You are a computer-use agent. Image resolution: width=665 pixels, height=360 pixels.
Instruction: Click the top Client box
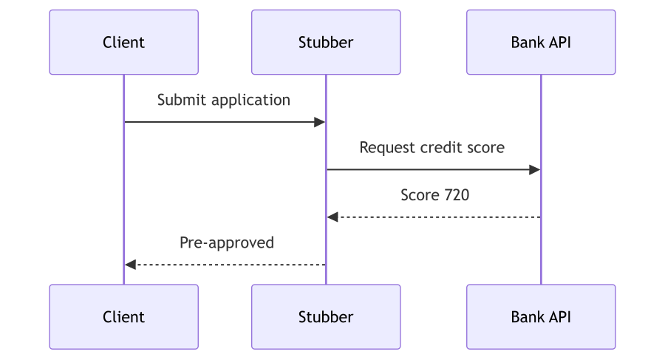click(124, 42)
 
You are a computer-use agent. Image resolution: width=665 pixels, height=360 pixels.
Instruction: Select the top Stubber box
click(326, 42)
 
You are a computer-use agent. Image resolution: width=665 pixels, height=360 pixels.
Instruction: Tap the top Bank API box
click(541, 42)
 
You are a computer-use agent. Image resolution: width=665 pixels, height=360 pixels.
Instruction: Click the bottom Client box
click(124, 316)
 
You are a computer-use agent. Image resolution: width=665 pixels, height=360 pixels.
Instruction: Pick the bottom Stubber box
click(326, 316)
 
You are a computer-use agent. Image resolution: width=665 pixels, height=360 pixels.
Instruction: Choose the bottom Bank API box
click(541, 316)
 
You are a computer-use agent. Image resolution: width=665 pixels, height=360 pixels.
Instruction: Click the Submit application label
click(223, 101)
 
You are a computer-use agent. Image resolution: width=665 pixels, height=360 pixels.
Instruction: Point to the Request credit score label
click(432, 147)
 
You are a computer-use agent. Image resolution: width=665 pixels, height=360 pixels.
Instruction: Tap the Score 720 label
click(434, 195)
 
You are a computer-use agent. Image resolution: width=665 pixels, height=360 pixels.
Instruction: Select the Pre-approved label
click(227, 242)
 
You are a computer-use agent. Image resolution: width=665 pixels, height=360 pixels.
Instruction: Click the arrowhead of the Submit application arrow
click(320, 122)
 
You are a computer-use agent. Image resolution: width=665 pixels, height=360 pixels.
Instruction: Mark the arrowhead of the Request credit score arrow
click(535, 170)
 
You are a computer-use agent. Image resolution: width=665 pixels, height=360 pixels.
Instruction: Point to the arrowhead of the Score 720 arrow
click(332, 217)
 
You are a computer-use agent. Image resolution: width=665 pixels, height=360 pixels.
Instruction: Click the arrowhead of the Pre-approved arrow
click(130, 265)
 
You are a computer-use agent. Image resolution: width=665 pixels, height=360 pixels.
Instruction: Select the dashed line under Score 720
click(434, 217)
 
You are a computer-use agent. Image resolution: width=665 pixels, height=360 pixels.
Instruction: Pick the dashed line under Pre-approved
click(225, 265)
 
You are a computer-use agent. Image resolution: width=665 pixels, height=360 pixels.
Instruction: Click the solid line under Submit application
click(225, 122)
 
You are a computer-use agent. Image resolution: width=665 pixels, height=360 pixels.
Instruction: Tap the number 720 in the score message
click(457, 195)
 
